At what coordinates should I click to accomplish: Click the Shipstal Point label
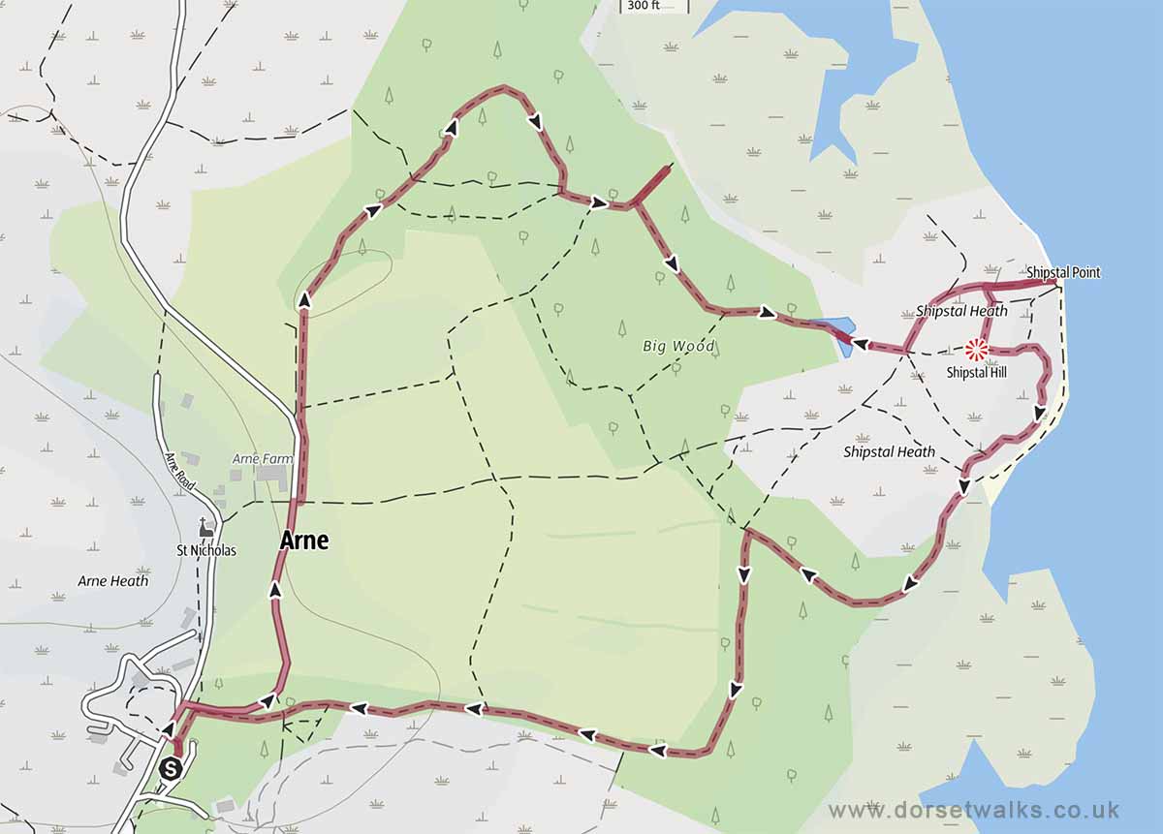pos(1063,273)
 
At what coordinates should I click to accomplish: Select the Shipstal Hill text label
pos(977,373)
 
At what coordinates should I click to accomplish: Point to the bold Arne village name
pos(303,541)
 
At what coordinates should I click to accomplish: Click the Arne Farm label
pos(256,457)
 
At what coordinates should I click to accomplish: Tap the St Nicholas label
pos(205,550)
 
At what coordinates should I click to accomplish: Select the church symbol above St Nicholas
pos(204,528)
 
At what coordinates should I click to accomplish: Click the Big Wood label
pos(678,346)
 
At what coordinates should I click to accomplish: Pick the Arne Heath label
pos(113,581)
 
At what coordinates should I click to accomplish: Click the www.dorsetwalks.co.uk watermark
pos(974,810)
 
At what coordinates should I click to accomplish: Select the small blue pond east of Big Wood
pos(835,332)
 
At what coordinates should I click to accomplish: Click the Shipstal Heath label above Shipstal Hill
pos(961,312)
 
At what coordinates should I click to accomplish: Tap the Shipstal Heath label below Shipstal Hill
pos(889,452)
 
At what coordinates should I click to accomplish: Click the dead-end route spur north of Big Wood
pos(651,185)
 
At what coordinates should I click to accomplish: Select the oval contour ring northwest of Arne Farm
pos(344,282)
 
